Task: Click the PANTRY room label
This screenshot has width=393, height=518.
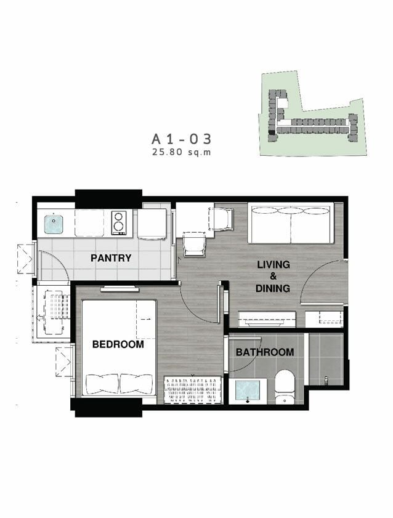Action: (111, 257)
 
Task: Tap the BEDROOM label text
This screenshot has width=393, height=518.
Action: (118, 344)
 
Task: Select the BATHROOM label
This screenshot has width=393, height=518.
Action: (265, 352)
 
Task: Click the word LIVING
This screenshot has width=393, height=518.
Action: (273, 264)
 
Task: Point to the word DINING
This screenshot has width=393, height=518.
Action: (273, 288)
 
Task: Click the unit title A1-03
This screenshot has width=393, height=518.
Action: (181, 139)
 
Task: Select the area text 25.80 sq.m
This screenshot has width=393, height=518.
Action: (181, 152)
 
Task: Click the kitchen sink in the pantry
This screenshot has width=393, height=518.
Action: (54, 224)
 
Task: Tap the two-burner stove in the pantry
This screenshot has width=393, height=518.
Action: (118, 223)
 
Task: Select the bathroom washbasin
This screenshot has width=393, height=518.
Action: (248, 392)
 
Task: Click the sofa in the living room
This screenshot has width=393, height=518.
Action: (291, 223)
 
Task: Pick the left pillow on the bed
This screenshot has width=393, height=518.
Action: (102, 384)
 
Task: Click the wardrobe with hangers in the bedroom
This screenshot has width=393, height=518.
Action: (193, 390)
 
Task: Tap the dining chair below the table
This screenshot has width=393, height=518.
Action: (195, 244)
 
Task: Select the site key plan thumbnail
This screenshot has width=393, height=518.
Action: (312, 113)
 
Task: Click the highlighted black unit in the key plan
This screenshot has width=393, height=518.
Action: (272, 132)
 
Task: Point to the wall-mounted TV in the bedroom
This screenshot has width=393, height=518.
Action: (120, 289)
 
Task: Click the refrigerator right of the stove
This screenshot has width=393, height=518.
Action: (152, 224)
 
